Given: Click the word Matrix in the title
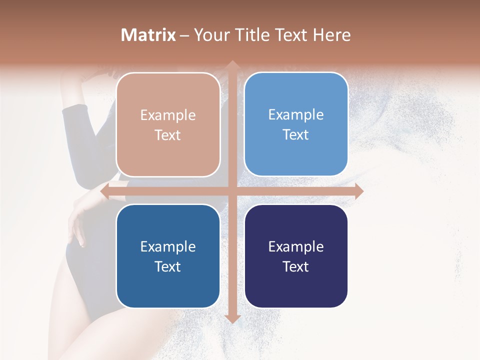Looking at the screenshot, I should [148, 35].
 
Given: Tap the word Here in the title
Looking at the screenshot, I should [331, 35].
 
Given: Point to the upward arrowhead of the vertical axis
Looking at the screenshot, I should [232, 64].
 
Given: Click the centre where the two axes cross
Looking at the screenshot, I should [232, 191].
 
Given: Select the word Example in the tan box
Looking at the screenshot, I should [168, 115].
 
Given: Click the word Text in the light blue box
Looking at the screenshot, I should [296, 134].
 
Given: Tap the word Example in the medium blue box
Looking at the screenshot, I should [168, 246].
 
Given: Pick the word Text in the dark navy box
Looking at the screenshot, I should [296, 266].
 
